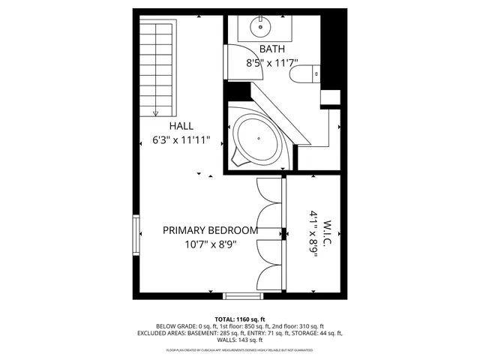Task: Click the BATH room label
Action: (272, 49)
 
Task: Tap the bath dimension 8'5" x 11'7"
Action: (272, 64)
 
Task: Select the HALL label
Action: (181, 126)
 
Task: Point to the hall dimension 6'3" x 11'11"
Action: (181, 140)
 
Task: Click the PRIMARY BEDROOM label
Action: (210, 230)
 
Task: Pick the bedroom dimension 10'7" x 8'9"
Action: (210, 244)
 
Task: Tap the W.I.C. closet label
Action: (328, 235)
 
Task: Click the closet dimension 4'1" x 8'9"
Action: (313, 235)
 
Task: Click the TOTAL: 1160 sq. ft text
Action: (240, 319)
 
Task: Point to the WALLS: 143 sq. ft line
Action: (240, 340)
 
